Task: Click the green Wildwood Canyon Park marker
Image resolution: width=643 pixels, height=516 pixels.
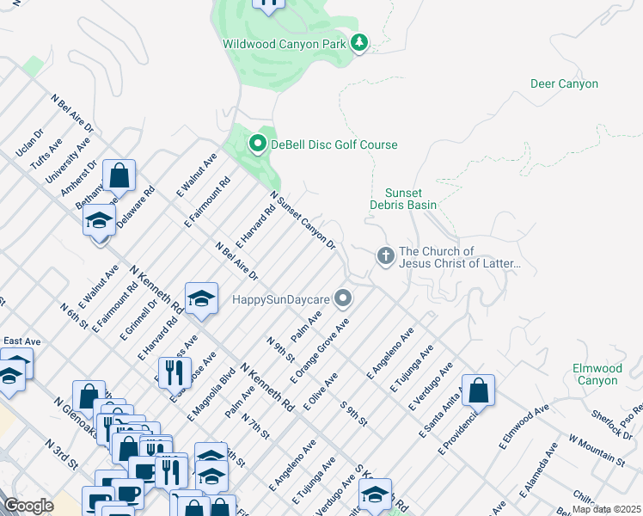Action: (358, 42)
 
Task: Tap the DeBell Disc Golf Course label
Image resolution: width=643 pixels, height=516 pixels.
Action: (334, 144)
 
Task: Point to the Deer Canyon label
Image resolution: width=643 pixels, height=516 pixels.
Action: (564, 83)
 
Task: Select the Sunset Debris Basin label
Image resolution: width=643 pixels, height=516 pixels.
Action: (403, 199)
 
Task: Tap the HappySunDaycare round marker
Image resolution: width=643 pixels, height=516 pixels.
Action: (343, 298)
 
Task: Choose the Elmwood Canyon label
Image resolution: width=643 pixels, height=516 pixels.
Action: (597, 374)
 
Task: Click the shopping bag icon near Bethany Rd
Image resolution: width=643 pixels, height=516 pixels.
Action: (119, 176)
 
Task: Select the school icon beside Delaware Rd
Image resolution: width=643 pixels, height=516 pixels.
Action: (100, 220)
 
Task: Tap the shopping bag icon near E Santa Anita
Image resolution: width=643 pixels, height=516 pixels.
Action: (479, 390)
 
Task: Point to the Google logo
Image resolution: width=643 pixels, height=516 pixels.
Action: (29, 506)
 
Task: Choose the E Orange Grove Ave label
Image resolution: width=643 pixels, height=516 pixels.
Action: (319, 353)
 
